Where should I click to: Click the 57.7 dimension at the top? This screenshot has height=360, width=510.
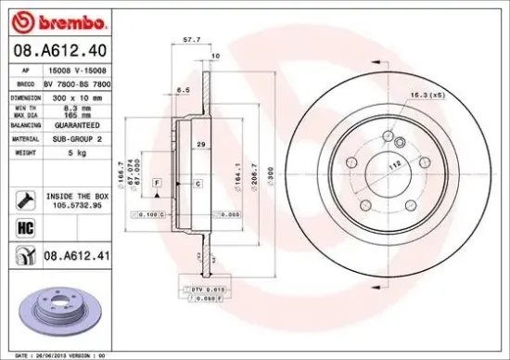192,41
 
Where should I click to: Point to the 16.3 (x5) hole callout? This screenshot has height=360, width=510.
425,96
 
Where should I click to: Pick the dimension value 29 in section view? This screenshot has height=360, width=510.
200,146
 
